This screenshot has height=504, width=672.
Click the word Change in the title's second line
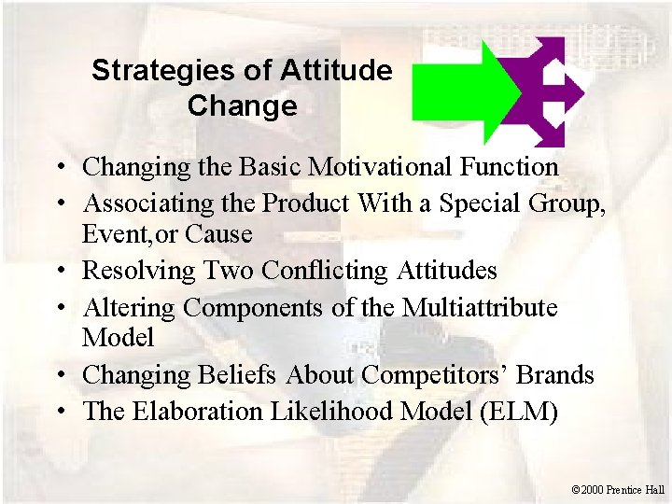[242, 105]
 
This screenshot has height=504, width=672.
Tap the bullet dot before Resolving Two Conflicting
[59, 272]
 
